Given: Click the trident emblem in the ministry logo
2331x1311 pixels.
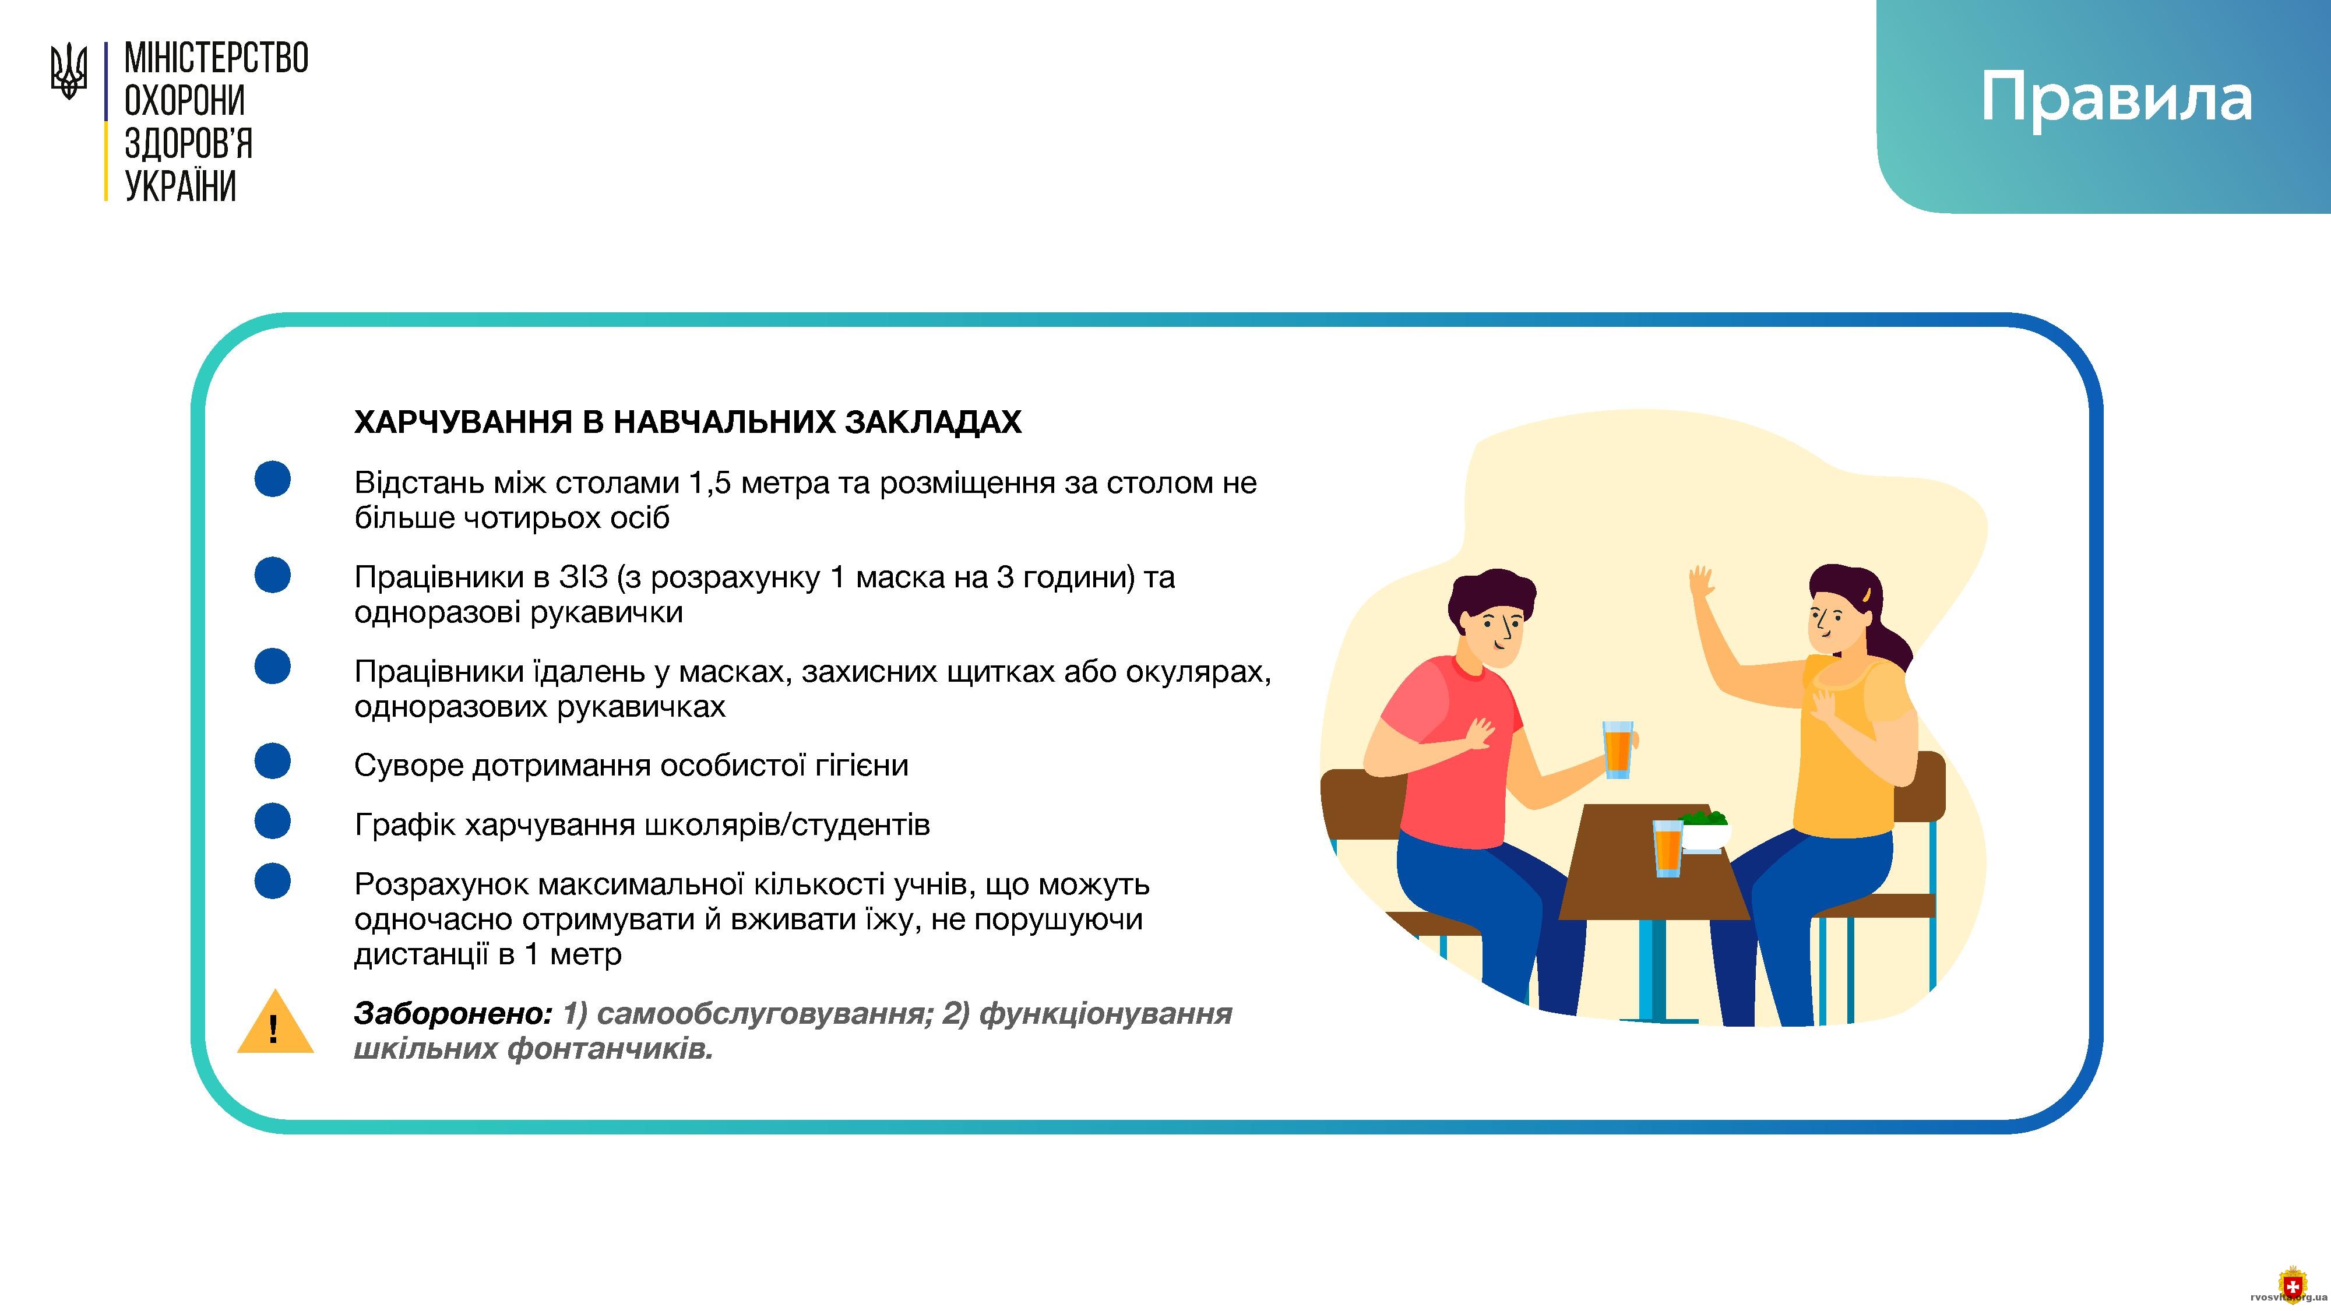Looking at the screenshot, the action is [69, 72].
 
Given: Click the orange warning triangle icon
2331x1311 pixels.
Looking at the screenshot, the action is [275, 1023].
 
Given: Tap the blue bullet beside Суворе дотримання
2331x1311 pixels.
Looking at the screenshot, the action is [272, 761].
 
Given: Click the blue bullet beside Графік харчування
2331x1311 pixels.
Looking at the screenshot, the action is [272, 820].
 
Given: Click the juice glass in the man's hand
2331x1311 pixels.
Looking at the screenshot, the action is [1617, 749].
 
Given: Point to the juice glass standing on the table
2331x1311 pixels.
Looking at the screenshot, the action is [1668, 849].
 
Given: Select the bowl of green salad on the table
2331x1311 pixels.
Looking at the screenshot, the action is [1704, 830].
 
